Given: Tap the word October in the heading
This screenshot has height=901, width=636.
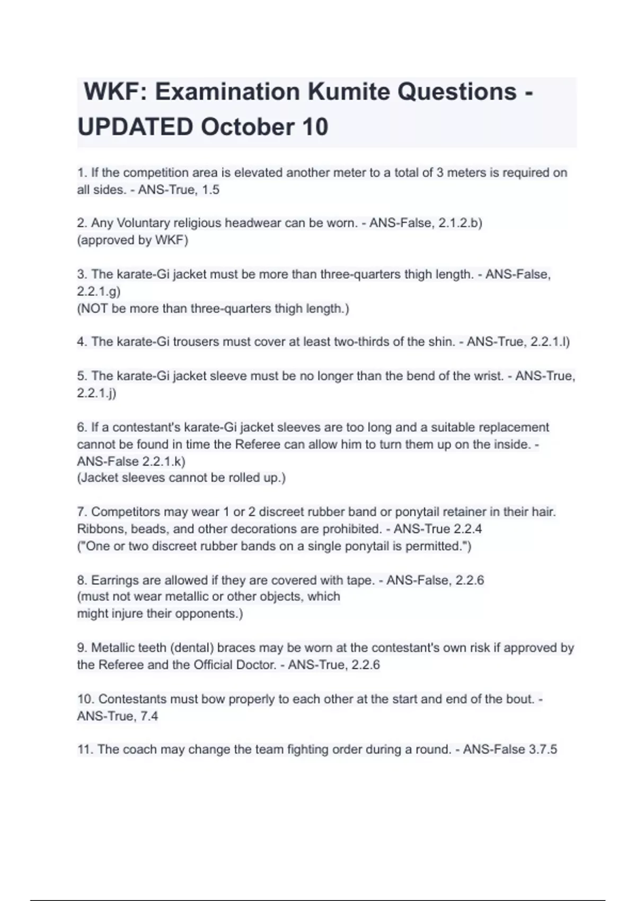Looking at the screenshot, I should (247, 127).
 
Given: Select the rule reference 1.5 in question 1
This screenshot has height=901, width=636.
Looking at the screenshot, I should (210, 190).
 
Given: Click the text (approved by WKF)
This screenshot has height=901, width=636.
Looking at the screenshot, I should (132, 240).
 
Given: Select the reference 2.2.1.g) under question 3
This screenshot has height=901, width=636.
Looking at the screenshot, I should (99, 291).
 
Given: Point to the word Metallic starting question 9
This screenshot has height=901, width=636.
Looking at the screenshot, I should (112, 648).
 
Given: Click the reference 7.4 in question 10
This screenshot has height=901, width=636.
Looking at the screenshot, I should (149, 716).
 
